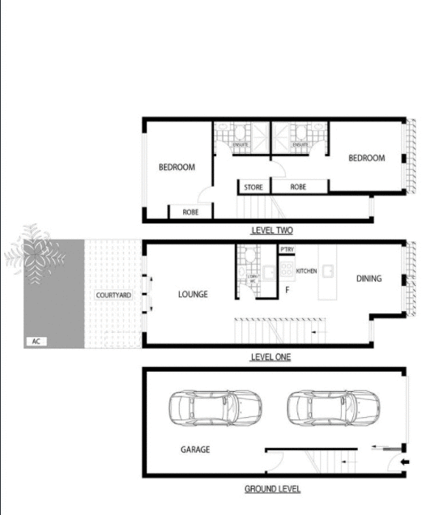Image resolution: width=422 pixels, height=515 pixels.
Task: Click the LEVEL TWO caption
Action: [271, 231]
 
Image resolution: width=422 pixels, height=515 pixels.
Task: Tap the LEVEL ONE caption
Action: [271, 357]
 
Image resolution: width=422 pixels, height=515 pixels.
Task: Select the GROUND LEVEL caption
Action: [272, 489]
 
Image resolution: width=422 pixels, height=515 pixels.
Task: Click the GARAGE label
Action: [194, 449]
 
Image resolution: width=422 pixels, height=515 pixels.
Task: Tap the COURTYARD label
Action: [113, 296]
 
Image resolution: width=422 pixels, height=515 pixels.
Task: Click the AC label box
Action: [36, 342]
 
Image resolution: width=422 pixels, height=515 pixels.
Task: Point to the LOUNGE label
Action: [193, 295]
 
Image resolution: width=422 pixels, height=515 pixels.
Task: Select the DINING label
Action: [369, 279]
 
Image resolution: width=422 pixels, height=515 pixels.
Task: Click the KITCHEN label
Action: [306, 270]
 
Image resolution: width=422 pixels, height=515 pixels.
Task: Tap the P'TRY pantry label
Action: [287, 250]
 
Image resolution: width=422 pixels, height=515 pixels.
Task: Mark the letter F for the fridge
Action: [287, 289]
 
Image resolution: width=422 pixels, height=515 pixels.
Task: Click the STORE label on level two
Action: [254, 188]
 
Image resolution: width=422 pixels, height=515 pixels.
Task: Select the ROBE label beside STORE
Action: [298, 188]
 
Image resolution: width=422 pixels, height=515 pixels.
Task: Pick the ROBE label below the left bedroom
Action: [190, 212]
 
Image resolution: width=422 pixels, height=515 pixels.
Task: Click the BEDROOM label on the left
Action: [177, 168]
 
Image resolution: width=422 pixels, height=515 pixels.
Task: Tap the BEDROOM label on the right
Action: [366, 159]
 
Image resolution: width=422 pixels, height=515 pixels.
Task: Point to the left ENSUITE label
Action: [241, 145]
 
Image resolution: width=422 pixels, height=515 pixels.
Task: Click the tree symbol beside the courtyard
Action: [32, 255]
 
